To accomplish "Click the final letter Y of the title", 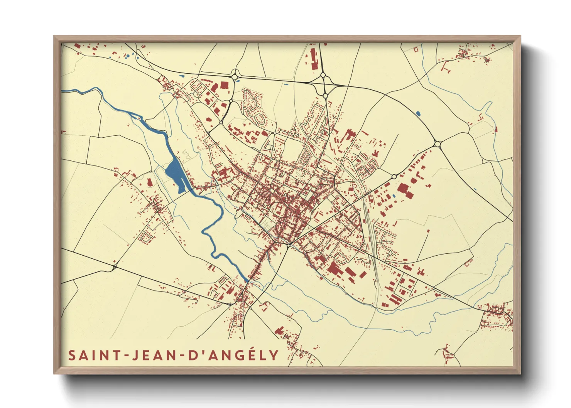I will [x=274, y=355].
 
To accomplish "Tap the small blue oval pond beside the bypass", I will [x=418, y=114].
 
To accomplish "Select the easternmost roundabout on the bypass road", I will [x=437, y=144].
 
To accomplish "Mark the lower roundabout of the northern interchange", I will [x=325, y=95].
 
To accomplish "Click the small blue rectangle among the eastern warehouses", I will [x=394, y=196].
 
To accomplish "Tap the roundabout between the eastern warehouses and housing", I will [x=394, y=176].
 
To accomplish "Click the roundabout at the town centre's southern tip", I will [x=288, y=244].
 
